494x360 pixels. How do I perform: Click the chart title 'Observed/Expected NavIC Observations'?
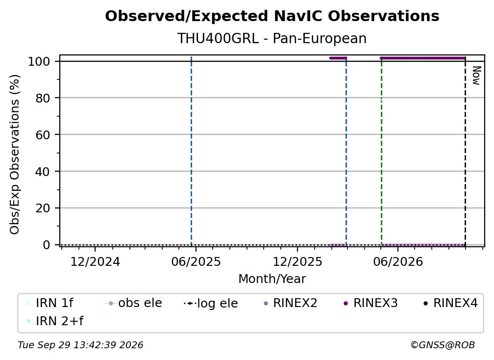[272, 16]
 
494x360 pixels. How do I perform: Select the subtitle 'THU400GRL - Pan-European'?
[272, 38]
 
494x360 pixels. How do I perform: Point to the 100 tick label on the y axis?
[39, 61]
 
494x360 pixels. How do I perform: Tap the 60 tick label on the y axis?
[43, 135]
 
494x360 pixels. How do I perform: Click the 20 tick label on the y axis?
[43, 208]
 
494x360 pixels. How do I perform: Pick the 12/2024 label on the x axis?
[95, 262]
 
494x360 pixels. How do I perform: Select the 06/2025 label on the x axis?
[196, 262]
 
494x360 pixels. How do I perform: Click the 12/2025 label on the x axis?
[297, 262]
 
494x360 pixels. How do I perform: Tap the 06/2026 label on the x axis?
[398, 262]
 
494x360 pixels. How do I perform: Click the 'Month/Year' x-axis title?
[272, 279]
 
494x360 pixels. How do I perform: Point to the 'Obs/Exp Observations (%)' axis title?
[15, 154]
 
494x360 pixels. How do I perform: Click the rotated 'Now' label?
[476, 76]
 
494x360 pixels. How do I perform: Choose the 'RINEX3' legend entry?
[370, 303]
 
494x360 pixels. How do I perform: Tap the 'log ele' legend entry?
[211, 303]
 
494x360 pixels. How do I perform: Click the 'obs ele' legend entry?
[134, 303]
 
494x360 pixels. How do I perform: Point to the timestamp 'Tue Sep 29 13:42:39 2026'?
[80, 345]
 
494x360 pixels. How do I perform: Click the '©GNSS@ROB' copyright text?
[443, 345]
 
